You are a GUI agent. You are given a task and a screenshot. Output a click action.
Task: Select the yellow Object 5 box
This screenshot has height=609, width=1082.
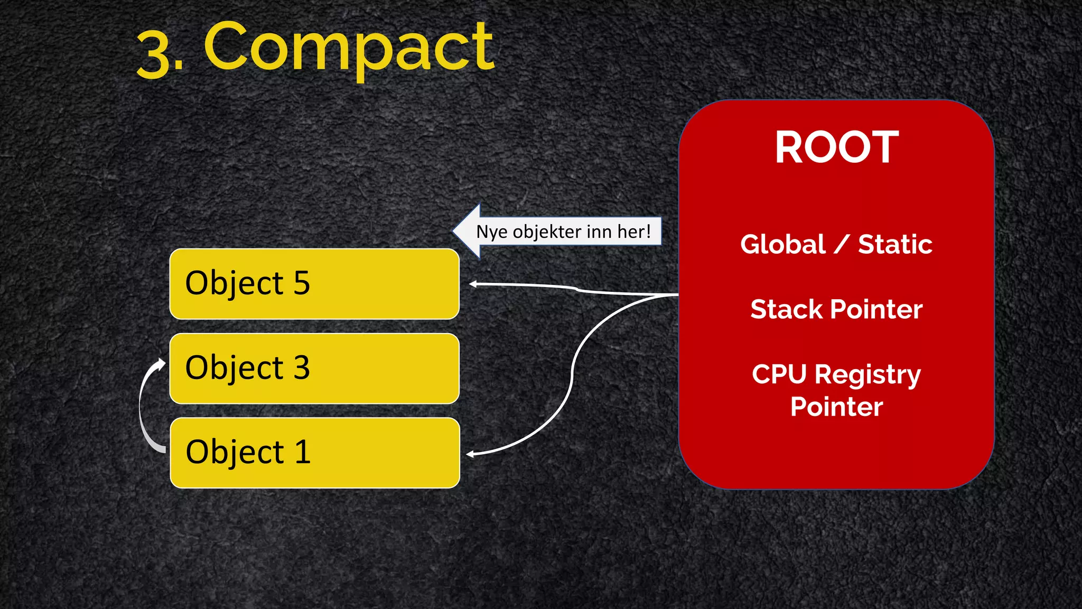(x=314, y=284)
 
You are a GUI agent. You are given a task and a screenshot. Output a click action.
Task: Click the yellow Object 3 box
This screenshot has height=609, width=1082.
(x=314, y=368)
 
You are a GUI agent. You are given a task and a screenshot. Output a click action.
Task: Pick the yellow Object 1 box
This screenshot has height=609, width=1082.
(x=314, y=453)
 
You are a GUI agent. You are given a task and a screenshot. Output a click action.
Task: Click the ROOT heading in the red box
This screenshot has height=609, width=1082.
(x=836, y=147)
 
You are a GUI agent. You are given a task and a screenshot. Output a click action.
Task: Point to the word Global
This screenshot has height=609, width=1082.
(x=782, y=245)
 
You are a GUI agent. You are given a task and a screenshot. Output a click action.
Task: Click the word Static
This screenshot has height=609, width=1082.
(x=895, y=245)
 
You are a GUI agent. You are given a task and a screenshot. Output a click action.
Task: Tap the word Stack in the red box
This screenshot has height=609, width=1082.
(x=786, y=309)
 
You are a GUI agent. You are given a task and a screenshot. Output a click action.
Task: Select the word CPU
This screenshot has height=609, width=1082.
(x=779, y=374)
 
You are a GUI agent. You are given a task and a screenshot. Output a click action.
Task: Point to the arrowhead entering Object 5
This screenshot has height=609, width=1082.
(x=473, y=284)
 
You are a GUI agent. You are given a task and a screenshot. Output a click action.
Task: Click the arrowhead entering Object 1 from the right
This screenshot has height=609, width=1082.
(x=470, y=454)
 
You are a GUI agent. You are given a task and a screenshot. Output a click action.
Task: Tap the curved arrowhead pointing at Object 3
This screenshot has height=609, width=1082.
(x=161, y=364)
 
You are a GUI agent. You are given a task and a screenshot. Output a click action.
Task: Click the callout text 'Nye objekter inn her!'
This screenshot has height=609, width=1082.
(x=563, y=232)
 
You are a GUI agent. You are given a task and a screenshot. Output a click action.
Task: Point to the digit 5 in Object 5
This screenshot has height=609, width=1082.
(x=302, y=283)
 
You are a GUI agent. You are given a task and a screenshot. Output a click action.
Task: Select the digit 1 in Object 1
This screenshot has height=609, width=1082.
(x=302, y=452)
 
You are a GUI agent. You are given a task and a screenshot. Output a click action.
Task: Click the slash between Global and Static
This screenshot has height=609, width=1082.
(x=842, y=245)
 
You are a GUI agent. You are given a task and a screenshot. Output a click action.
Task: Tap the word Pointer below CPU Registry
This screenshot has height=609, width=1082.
(x=836, y=407)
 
